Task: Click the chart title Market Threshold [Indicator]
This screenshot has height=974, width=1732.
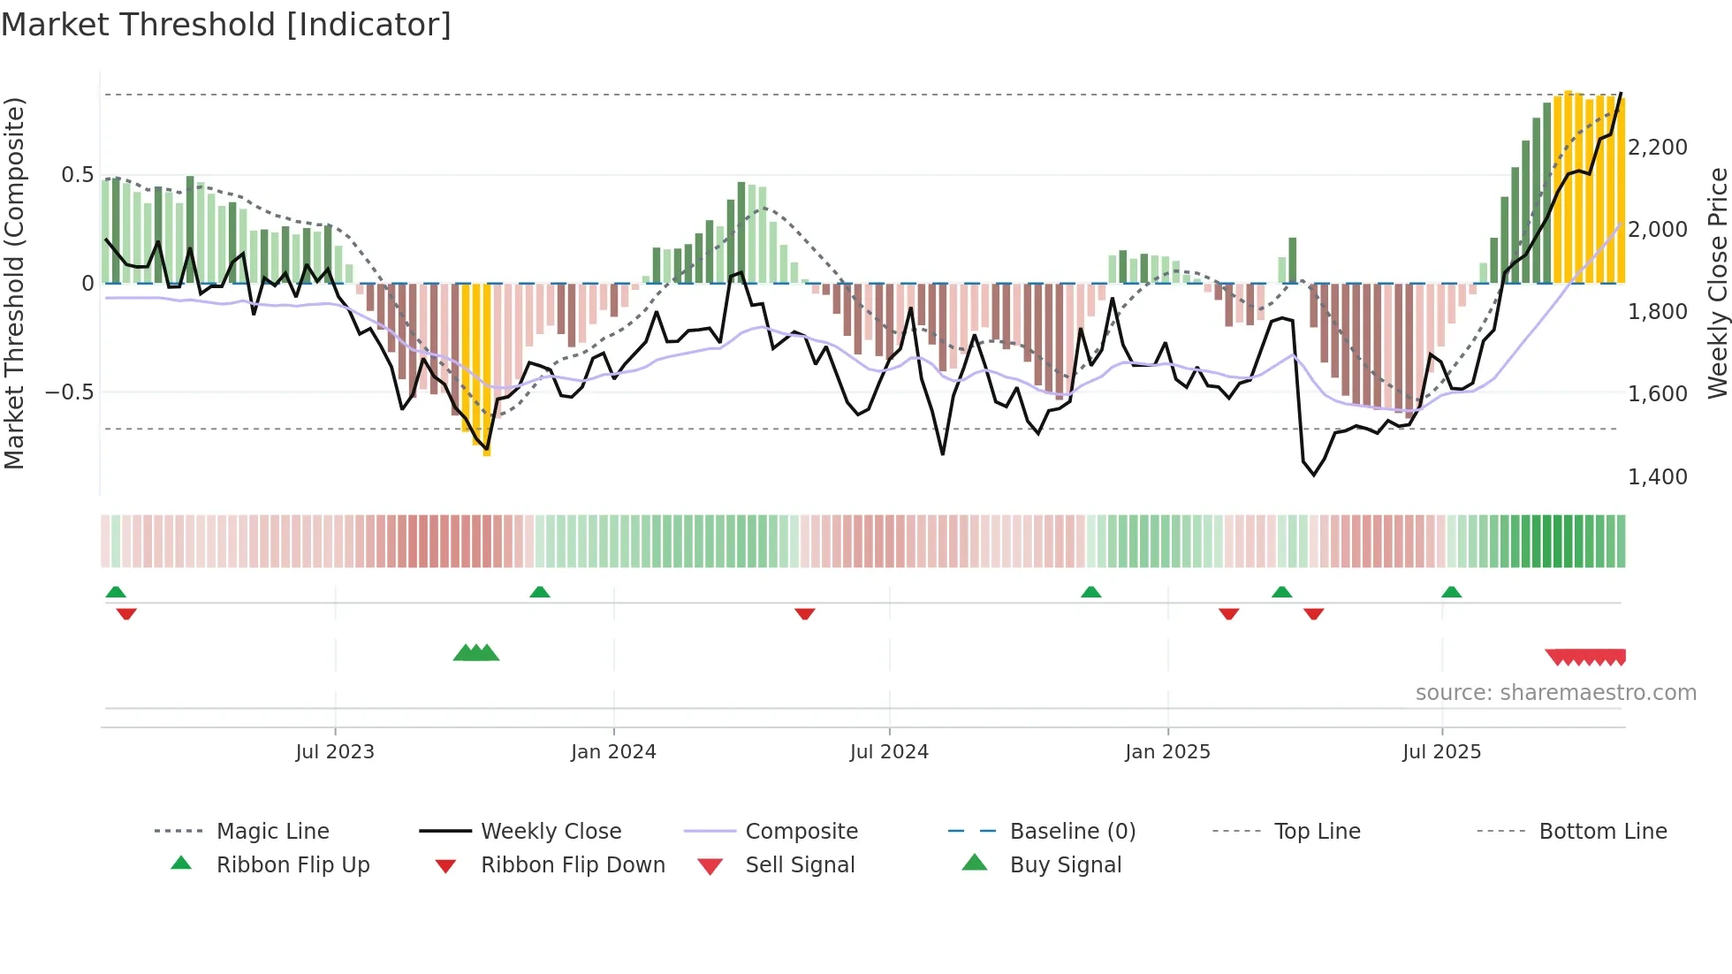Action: point(226,25)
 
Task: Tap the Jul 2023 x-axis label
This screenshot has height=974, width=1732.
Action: point(335,752)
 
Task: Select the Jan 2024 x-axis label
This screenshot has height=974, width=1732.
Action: point(613,752)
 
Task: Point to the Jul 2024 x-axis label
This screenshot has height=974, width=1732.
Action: point(889,752)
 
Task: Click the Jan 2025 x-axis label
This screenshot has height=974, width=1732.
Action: point(1167,752)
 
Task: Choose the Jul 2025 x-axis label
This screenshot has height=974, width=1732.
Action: point(1441,752)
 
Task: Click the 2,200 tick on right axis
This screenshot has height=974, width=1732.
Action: point(1658,148)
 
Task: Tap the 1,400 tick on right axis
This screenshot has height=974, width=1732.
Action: point(1658,477)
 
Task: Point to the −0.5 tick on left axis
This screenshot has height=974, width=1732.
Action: point(69,392)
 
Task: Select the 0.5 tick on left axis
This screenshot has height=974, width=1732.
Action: point(77,175)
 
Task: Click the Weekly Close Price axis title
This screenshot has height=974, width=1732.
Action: point(1717,283)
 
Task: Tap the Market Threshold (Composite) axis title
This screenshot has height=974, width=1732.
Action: point(14,283)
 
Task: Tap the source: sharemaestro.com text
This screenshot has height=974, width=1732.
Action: point(1555,693)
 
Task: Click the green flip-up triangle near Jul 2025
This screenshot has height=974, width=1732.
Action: point(1451,592)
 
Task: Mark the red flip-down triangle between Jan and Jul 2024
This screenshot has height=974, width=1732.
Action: point(804,613)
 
